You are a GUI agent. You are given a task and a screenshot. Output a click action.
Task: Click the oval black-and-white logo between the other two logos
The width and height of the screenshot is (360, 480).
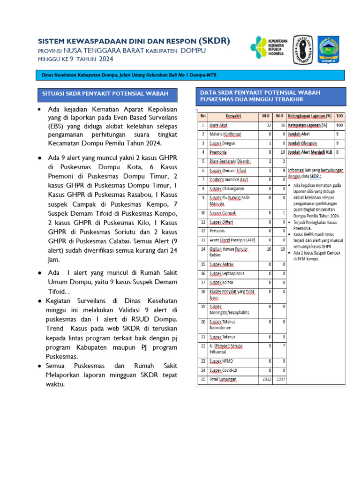tap(303, 49)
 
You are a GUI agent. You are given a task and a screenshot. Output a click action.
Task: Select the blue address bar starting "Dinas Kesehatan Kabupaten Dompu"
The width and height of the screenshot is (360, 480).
tap(190, 75)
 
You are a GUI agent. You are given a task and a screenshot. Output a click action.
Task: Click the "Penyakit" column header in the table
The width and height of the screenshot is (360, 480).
tap(233, 115)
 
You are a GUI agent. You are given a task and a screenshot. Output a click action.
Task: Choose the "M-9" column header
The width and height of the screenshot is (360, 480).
tap(279, 115)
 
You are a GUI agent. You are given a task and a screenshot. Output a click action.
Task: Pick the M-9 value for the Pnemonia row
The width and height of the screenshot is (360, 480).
tap(283, 152)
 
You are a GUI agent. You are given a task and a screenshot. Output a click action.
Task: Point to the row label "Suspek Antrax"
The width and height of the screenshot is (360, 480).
tap(221, 264)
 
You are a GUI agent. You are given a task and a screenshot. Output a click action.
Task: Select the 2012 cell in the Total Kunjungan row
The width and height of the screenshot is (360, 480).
tap(266, 379)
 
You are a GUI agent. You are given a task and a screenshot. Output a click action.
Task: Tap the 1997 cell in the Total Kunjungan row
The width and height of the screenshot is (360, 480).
tap(280, 379)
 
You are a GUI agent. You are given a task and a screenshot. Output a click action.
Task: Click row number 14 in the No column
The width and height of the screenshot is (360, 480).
tap(202, 249)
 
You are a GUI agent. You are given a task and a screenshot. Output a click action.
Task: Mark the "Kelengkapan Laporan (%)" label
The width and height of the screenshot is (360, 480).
tap(310, 115)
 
